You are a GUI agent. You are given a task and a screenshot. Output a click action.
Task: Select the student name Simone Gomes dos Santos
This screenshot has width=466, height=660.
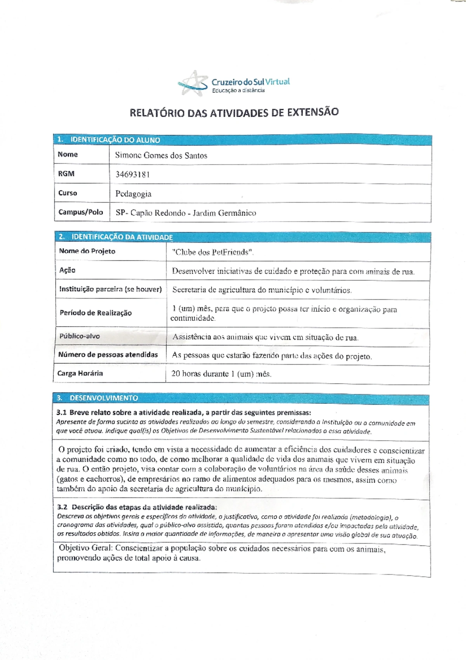[161, 156]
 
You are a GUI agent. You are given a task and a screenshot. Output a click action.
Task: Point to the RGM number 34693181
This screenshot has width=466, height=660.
[132, 174]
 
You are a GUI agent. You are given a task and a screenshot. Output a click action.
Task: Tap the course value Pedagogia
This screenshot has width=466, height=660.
[133, 194]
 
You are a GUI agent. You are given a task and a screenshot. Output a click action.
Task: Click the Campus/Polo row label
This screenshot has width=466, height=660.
[81, 212]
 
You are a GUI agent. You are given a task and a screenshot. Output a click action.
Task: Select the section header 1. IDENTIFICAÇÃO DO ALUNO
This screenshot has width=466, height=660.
[108, 140]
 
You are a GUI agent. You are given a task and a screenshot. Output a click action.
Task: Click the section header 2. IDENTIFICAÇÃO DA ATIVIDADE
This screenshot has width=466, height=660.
[116, 237]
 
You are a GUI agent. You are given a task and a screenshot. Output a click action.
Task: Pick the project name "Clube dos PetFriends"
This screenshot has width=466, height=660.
[213, 252]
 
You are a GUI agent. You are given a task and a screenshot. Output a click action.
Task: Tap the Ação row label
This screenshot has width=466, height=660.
[67, 270]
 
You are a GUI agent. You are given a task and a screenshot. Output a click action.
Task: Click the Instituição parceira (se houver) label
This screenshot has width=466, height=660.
[110, 289]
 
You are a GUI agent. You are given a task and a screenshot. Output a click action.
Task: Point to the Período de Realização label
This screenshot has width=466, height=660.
[96, 313]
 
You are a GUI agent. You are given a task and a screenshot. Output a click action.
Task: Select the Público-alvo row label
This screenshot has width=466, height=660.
[79, 336]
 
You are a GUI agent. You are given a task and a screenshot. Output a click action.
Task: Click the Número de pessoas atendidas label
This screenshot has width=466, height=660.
[108, 354]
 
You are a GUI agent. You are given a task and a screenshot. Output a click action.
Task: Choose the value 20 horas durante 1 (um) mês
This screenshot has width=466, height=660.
[221, 374]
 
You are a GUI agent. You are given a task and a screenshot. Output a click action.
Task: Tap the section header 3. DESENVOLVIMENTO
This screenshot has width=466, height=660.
[97, 398]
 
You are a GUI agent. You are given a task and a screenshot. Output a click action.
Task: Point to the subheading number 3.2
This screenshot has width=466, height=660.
[62, 507]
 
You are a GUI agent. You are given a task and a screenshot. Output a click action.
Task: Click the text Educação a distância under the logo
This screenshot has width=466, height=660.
[238, 90]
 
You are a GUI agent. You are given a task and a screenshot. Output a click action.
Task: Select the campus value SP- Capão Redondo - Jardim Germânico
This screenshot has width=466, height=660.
[186, 213]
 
